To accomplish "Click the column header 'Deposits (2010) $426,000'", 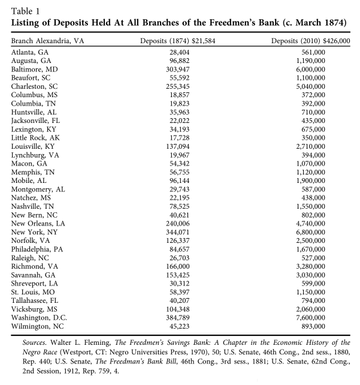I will point(311,41).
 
